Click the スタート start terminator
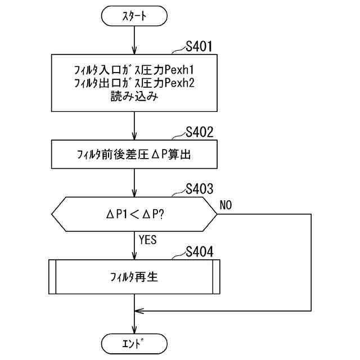point(134,16)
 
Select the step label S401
point(199,47)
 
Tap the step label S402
point(199,133)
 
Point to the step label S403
point(199,189)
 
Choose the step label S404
point(199,251)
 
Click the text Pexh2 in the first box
point(182,83)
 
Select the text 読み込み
point(134,96)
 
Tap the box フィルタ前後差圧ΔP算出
point(134,154)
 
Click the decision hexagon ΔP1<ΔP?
point(134,214)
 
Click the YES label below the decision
point(147,240)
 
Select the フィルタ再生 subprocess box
point(134,276)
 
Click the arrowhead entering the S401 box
point(134,51)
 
